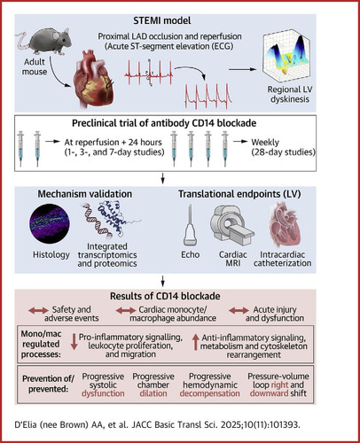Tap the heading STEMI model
[162, 20]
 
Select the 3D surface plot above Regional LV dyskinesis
[286, 58]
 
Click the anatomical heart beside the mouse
[94, 79]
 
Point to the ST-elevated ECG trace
[208, 96]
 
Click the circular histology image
[50, 223]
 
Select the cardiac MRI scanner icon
[231, 225]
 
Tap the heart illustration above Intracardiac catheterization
[285, 225]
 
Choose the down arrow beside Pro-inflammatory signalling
[74, 342]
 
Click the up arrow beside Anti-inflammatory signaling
[195, 342]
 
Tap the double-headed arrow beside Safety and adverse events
[38, 310]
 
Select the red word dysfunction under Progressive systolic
[103, 393]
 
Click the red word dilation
[153, 393]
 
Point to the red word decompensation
[209, 393]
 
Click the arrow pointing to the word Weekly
[240, 142]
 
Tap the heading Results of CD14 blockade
[165, 296]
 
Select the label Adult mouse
[35, 66]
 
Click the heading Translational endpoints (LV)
[239, 194]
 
